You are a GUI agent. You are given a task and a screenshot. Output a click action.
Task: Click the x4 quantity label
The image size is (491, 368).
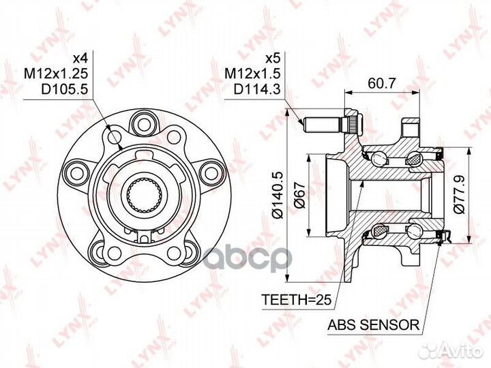pos(80,58)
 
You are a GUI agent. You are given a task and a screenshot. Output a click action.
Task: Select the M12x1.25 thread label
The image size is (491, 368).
pos(57,74)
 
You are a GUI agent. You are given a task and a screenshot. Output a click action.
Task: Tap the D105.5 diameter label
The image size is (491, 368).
pos(65,90)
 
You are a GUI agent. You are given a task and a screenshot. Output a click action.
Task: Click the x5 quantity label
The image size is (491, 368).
pos(272,58)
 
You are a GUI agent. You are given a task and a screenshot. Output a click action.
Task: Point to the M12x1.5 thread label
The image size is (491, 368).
pos(252,74)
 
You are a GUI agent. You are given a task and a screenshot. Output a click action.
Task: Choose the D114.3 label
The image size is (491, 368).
pos(257,90)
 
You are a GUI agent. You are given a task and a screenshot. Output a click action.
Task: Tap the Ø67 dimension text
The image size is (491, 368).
pos(300,196)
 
